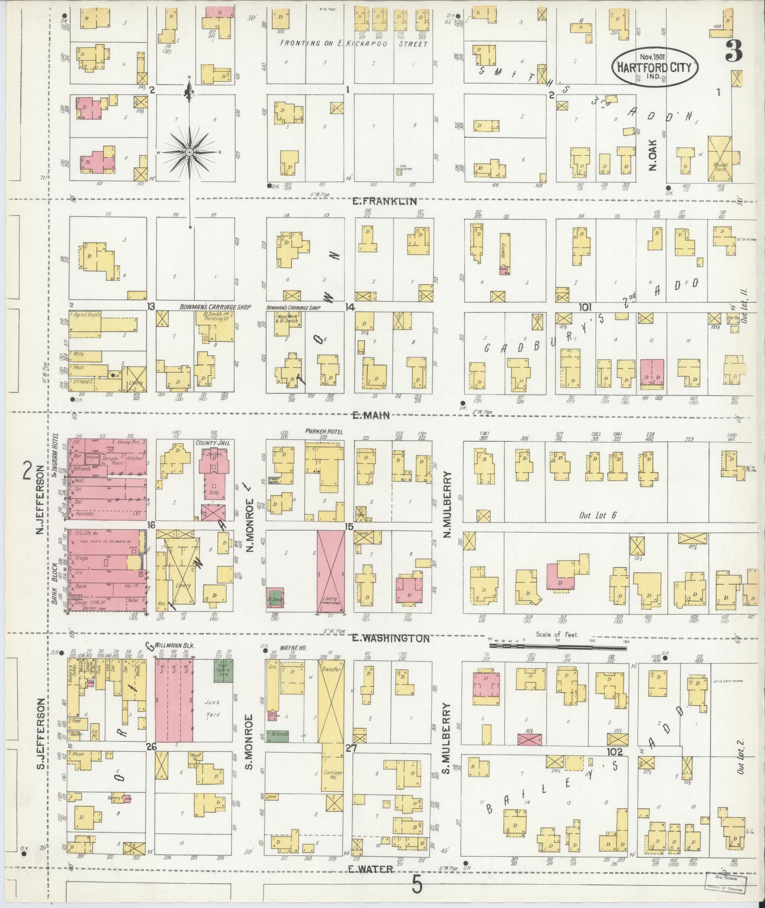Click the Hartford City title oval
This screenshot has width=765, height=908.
pos(656,66)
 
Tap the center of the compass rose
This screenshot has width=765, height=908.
pos(189,152)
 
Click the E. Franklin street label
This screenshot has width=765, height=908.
pos(384,201)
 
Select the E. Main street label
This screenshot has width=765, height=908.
pos(371,415)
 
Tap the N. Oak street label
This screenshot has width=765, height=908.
pos(653,154)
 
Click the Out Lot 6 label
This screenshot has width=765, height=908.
pos(598,515)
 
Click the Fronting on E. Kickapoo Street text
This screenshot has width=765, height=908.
pos(353,44)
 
